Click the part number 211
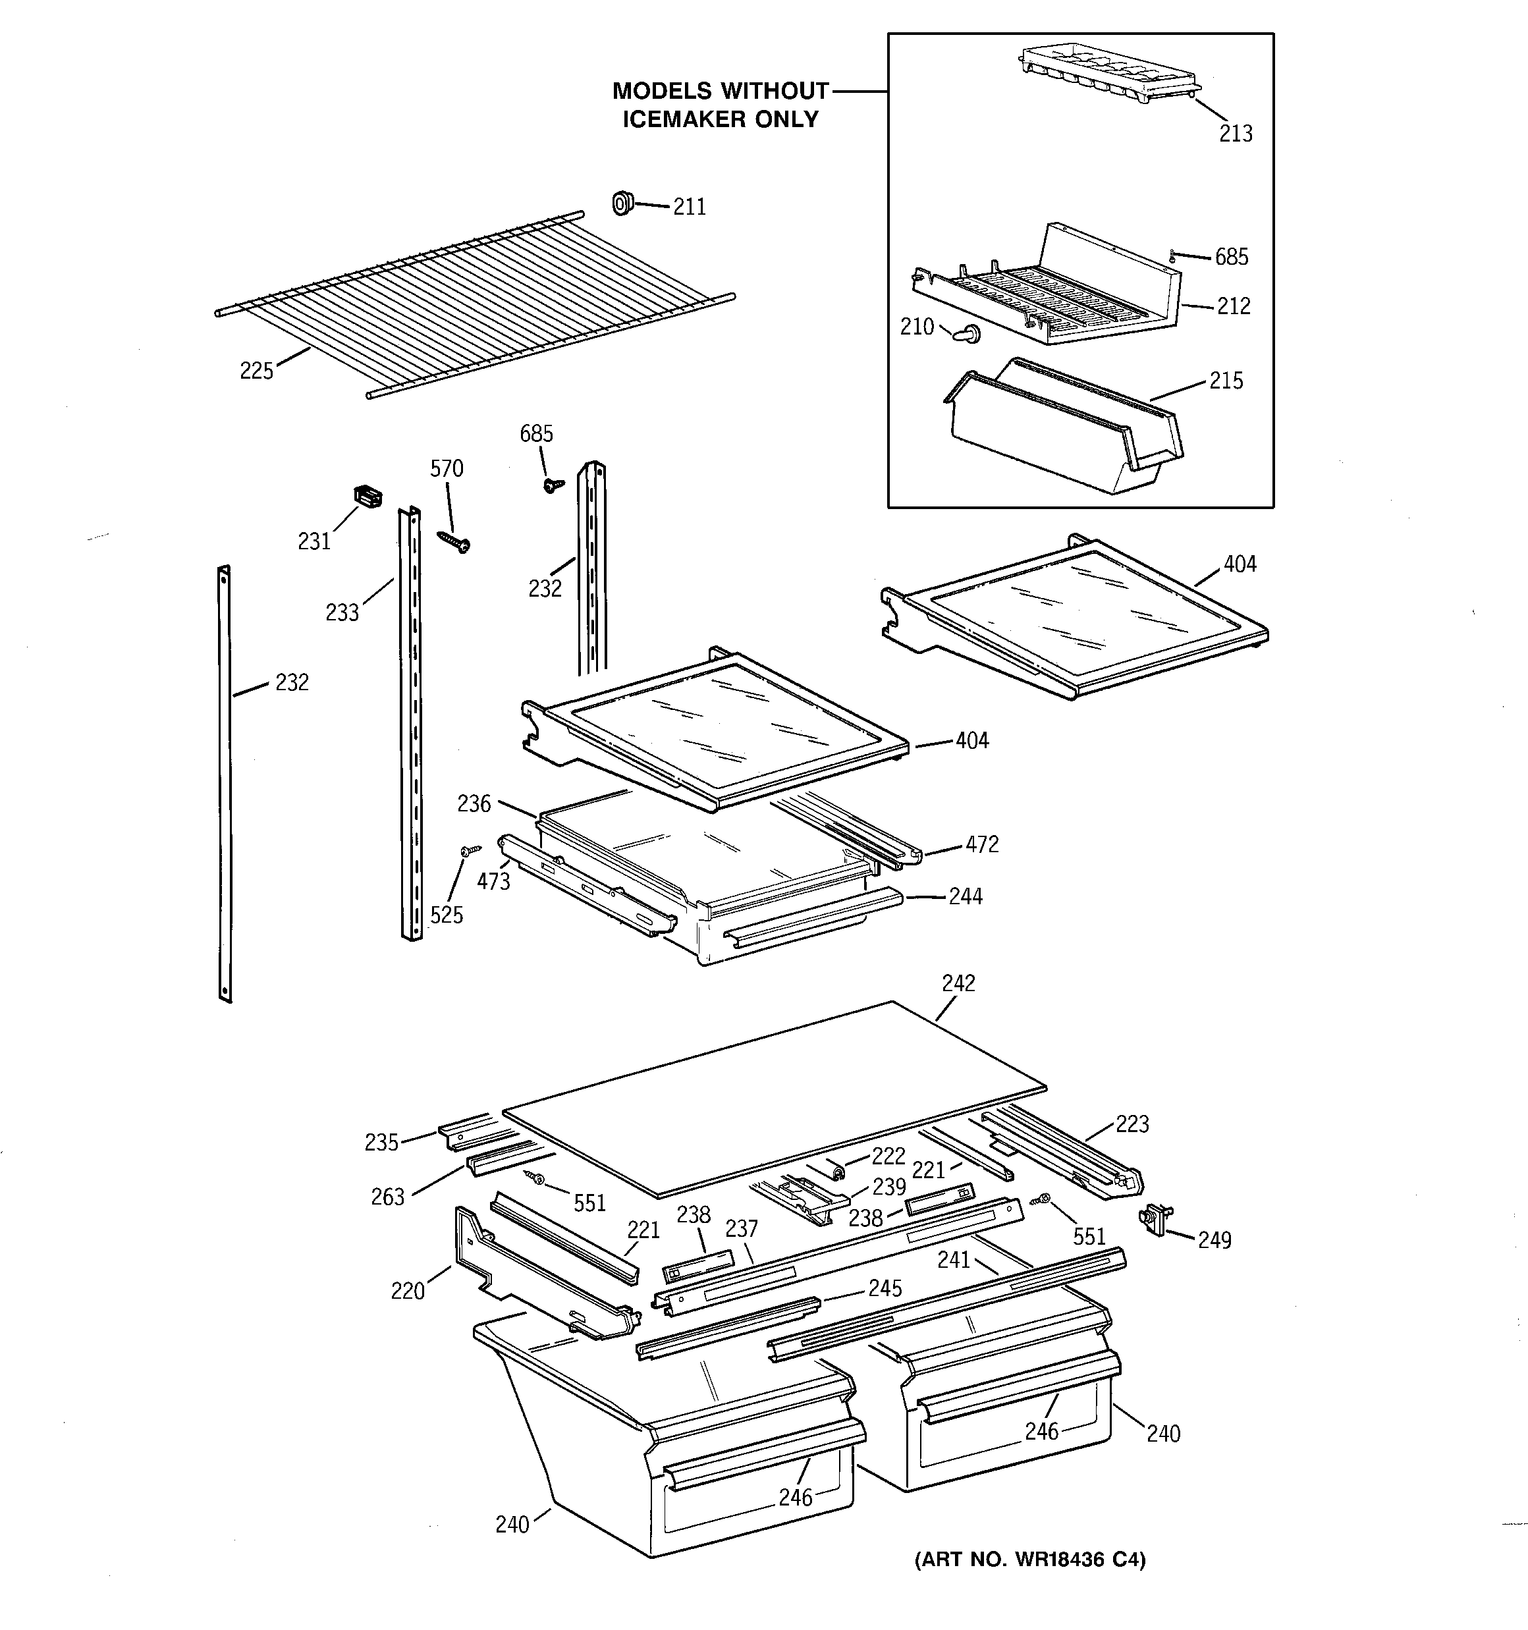point(689,207)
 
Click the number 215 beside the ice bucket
point(1226,381)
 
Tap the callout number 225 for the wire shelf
point(257,371)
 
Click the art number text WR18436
point(1060,1560)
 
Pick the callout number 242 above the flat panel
point(958,983)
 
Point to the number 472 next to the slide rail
point(982,844)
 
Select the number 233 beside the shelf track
point(342,612)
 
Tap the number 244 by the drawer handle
point(966,896)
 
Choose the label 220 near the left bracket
point(408,1291)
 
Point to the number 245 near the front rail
point(885,1288)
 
